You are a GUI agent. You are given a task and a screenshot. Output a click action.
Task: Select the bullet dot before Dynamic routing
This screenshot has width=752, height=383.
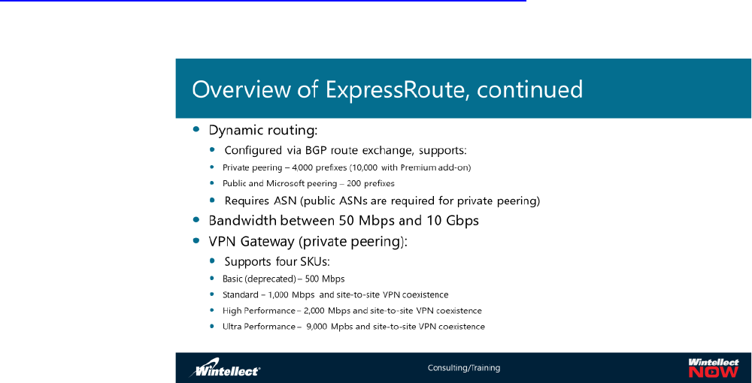[196, 129]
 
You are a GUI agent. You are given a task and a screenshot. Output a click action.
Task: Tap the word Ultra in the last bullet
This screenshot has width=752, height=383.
[231, 327]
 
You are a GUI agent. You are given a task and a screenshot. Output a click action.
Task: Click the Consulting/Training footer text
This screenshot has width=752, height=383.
[464, 368]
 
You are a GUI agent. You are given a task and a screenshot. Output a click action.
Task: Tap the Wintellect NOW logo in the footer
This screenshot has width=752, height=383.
[714, 368]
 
